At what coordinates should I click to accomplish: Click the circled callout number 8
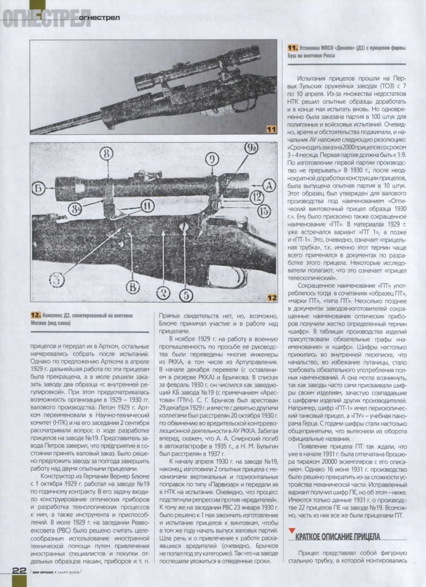tap(107, 153)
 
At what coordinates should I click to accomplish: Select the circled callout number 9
tap(211, 159)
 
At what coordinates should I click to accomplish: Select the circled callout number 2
tap(164, 293)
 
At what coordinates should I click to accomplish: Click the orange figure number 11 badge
tap(271, 131)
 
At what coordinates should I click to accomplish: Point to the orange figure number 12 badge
tap(271, 298)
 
